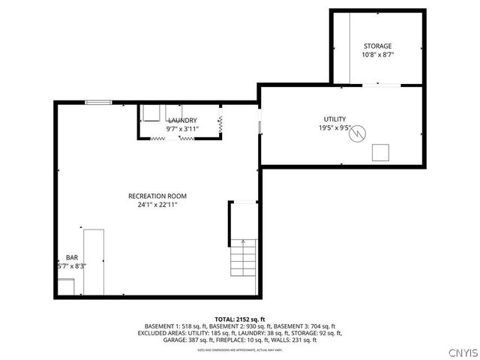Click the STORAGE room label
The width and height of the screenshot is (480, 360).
pos(377,46)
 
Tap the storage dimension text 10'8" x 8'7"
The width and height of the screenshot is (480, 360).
pos(377,55)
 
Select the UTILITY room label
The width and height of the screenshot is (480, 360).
pos(335,119)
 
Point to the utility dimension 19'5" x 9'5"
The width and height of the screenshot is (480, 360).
pos(335,128)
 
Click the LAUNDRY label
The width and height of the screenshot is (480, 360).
pos(182,120)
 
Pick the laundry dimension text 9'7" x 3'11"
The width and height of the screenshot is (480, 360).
pos(181,129)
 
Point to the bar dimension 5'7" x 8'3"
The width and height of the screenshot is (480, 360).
pos(71,265)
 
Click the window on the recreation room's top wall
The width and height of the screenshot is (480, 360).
pos(98,102)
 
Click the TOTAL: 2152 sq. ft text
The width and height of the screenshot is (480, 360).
pos(240,319)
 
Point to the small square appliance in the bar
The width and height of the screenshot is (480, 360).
pos(67,286)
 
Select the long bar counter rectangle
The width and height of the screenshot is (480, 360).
pos(93,262)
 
